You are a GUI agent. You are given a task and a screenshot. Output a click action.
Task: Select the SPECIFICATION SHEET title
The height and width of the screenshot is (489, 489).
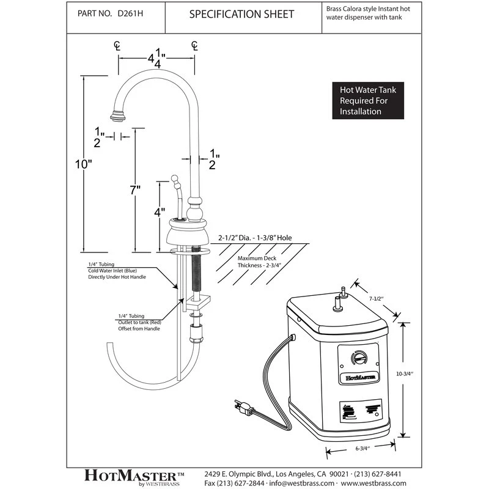coord(241,14)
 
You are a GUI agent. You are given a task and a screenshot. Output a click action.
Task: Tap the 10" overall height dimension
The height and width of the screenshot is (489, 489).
coord(85,164)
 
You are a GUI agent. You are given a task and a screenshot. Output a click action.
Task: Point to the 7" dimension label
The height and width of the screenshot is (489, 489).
coord(136,190)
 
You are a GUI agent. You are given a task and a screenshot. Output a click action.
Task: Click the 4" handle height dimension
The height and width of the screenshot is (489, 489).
coord(159,213)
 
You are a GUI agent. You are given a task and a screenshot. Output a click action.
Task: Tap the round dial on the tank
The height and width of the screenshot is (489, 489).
coord(359,358)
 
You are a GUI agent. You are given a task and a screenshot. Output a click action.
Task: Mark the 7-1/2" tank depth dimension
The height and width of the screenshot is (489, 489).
coord(376,299)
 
